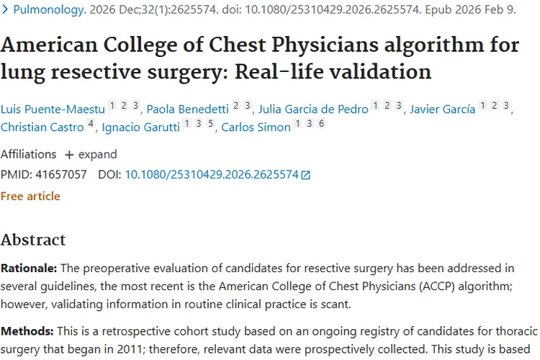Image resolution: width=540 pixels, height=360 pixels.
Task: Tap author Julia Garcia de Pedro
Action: pyautogui.click(x=314, y=109)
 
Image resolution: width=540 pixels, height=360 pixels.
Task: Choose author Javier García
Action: pyautogui.click(x=443, y=109)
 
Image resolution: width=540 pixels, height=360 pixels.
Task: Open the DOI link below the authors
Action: pyautogui.click(x=212, y=174)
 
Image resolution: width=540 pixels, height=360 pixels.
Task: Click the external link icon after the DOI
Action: pyautogui.click(x=306, y=175)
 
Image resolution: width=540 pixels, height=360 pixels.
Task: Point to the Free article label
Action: pyautogui.click(x=30, y=196)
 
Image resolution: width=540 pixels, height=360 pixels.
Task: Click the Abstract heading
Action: pyautogui.click(x=33, y=240)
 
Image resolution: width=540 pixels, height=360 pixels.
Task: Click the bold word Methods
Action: pyautogui.click(x=24, y=331)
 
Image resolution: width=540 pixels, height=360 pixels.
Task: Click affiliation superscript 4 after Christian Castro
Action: pyautogui.click(x=91, y=125)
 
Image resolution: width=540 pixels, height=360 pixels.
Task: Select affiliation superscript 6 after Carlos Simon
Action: pyautogui.click(x=321, y=125)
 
